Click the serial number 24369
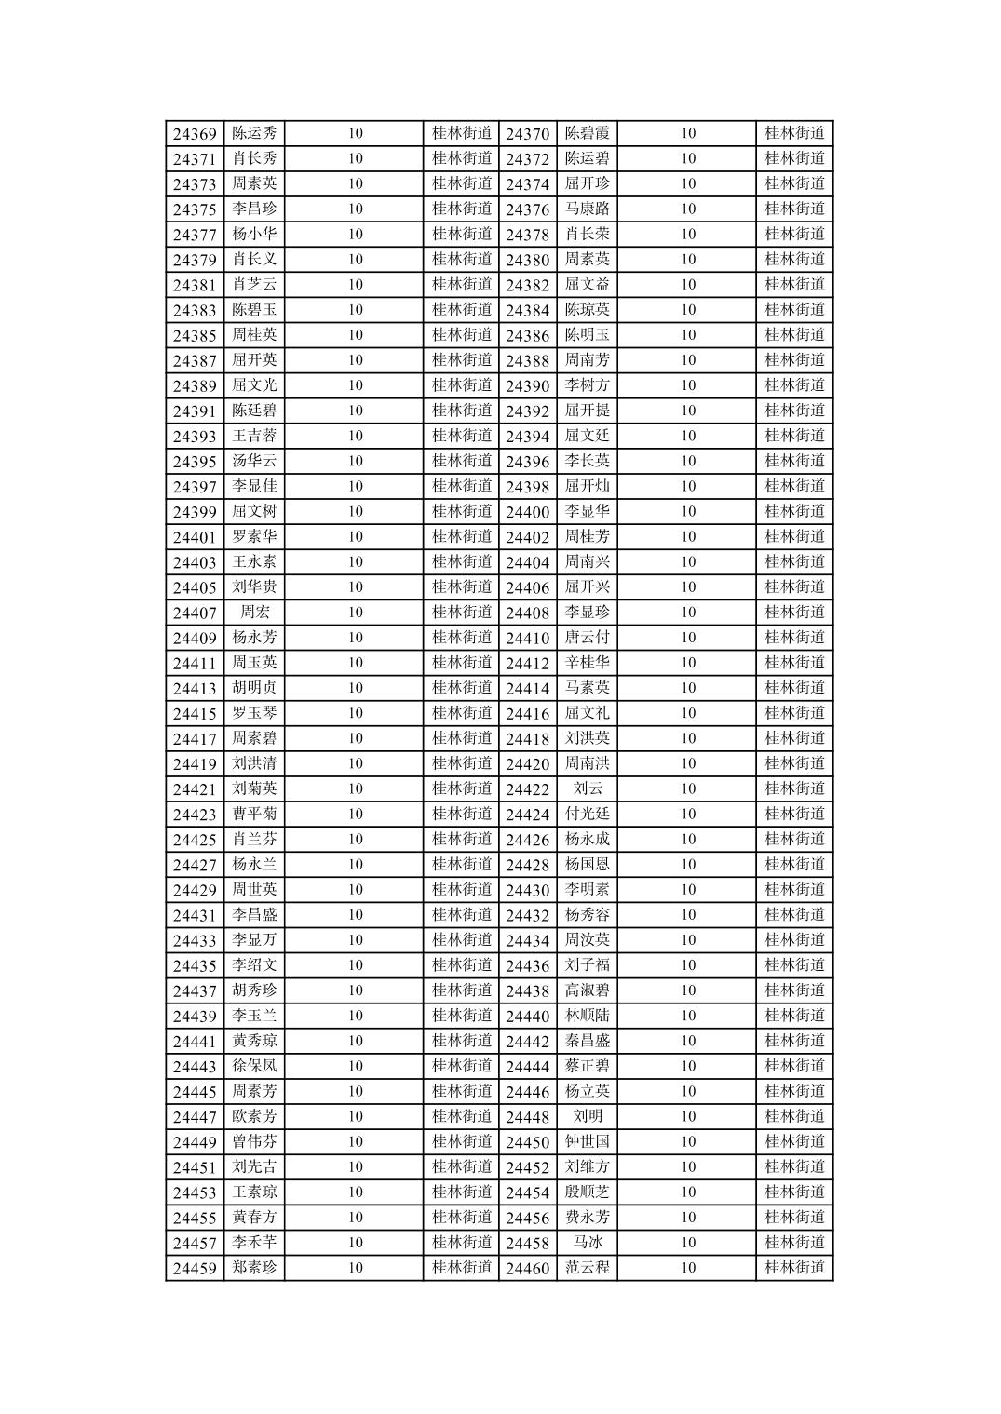click(x=195, y=134)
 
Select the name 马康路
click(x=587, y=209)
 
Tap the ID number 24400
click(x=527, y=512)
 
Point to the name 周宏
click(x=254, y=613)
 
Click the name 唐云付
click(x=587, y=638)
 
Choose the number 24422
click(x=527, y=789)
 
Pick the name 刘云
click(x=587, y=789)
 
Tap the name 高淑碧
click(x=587, y=990)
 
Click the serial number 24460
click(x=527, y=1268)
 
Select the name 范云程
click(x=587, y=1268)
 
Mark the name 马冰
click(x=587, y=1243)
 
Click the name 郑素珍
click(x=254, y=1268)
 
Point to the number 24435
click(x=195, y=965)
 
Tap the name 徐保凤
click(x=254, y=1066)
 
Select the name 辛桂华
click(x=587, y=663)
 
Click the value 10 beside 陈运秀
click(x=355, y=134)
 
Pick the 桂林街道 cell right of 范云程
click(x=794, y=1268)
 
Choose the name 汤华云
click(x=254, y=462)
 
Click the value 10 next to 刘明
click(x=687, y=1117)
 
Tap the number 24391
click(x=195, y=411)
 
